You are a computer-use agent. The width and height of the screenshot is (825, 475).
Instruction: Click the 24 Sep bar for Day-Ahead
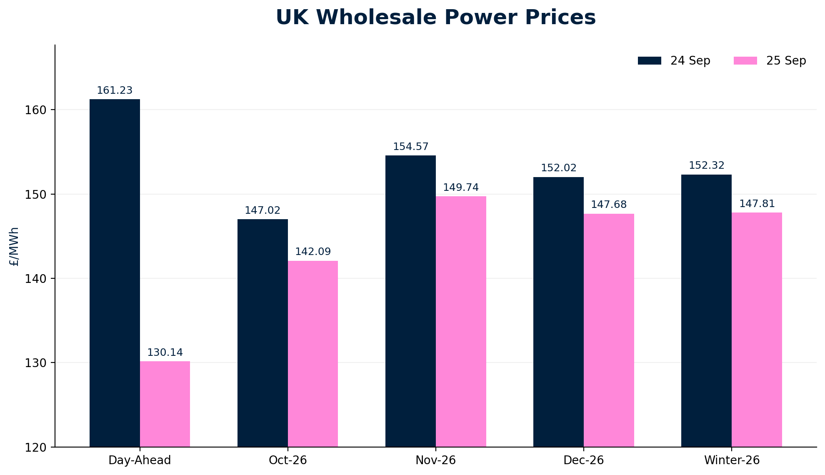(115, 273)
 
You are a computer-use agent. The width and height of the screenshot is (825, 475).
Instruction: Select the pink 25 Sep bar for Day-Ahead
(165, 404)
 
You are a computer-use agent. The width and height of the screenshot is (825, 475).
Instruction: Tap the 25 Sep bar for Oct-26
(313, 354)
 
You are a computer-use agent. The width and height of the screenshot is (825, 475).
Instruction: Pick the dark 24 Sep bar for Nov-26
(410, 301)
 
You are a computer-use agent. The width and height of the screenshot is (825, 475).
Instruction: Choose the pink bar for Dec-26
(609, 330)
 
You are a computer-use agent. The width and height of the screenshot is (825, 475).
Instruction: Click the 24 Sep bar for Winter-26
(706, 311)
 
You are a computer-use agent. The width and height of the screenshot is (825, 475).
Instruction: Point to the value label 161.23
(115, 90)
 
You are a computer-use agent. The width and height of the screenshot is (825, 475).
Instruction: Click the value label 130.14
(165, 352)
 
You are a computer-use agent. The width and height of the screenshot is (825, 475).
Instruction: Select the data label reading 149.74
(461, 187)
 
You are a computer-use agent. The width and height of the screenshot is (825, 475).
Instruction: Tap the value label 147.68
(609, 205)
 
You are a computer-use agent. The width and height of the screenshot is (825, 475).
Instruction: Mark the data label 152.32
(707, 165)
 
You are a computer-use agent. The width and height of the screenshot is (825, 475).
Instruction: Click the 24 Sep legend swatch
(649, 61)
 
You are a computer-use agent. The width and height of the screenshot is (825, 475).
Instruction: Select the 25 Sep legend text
(786, 61)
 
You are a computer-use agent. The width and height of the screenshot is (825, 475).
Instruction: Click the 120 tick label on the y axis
(37, 447)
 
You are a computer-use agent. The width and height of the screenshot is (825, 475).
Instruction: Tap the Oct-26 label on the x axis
(288, 460)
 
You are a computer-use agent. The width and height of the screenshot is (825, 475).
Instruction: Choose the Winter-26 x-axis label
(732, 460)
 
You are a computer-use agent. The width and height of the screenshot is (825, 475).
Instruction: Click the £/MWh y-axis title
(14, 247)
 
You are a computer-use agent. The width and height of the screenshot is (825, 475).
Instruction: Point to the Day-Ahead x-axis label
(140, 460)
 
